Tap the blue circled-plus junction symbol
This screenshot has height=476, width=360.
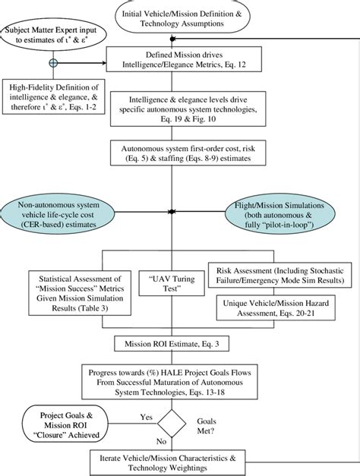[53, 61]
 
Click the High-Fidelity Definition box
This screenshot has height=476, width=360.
[52, 93]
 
